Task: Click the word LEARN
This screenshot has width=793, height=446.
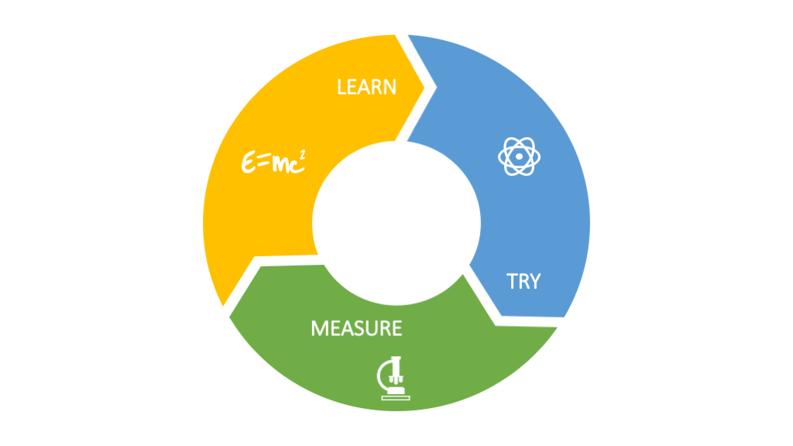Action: (x=366, y=87)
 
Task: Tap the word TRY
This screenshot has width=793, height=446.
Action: (x=524, y=281)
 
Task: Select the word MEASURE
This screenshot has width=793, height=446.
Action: (x=356, y=328)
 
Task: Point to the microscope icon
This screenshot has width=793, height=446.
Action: (x=394, y=377)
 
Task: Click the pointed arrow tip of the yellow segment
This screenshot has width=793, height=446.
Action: (x=425, y=87)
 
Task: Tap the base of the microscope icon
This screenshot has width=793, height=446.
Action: (x=396, y=395)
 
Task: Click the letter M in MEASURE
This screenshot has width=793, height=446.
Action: (x=319, y=328)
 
